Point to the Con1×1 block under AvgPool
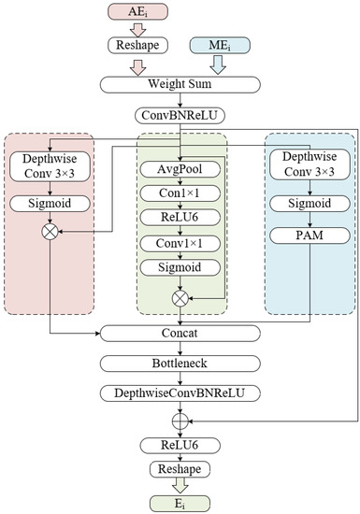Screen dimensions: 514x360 [x=180, y=193]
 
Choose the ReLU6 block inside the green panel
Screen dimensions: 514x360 [x=180, y=218]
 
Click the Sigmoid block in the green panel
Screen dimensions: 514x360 [x=180, y=267]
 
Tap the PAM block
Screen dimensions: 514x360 [x=310, y=236]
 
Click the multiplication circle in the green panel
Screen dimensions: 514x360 [x=180, y=298]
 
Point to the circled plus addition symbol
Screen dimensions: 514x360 [x=180, y=418]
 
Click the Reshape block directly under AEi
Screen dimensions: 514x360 [x=138, y=46]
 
